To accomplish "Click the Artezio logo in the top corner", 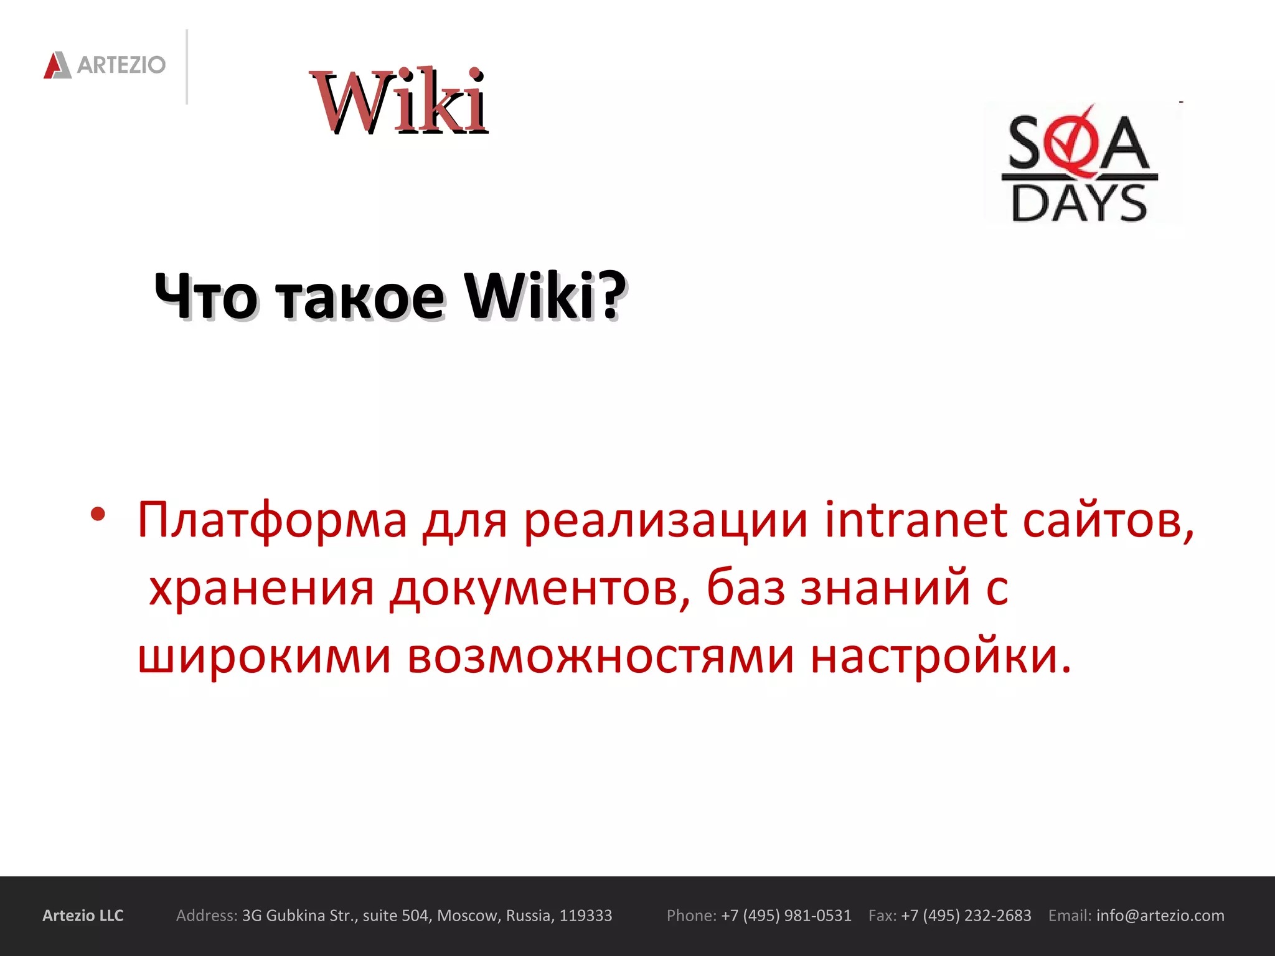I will pyautogui.click(x=105, y=65).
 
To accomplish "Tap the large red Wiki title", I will pyautogui.click(x=398, y=101).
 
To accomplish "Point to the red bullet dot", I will pyautogui.click(x=98, y=514).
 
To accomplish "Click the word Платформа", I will pyautogui.click(x=272, y=520).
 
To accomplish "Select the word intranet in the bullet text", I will pyautogui.click(x=915, y=520).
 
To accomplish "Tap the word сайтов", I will pyautogui.click(x=1108, y=520).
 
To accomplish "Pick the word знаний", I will pyautogui.click(x=885, y=588).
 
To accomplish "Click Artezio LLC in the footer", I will pyautogui.click(x=83, y=916).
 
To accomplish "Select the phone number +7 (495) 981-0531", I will pyautogui.click(x=786, y=916).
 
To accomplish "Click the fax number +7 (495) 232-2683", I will pyautogui.click(x=966, y=916).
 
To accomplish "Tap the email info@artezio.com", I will pyautogui.click(x=1160, y=916).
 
